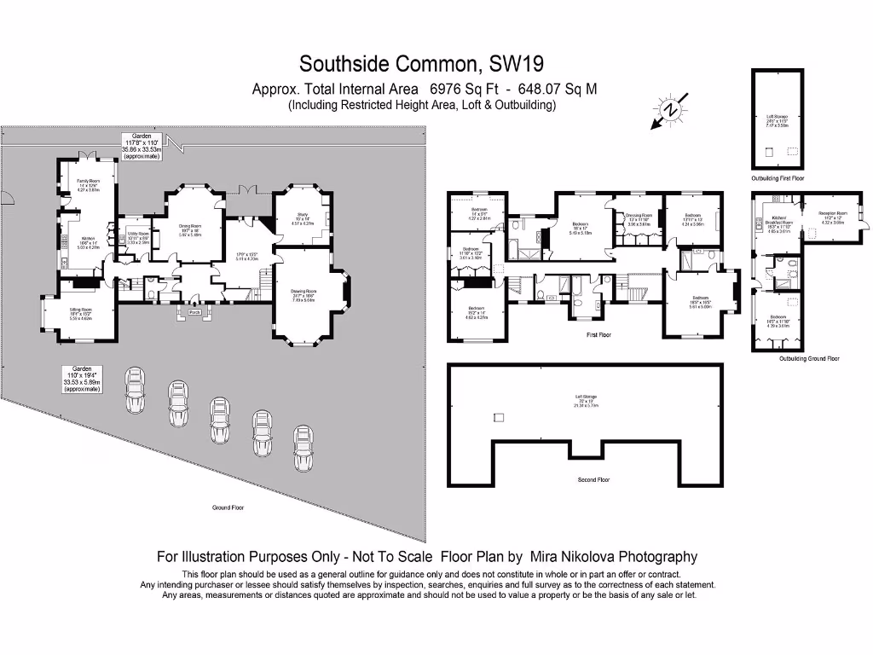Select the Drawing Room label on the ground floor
[x=304, y=294]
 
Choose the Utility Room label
[x=138, y=235]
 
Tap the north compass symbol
[x=671, y=110]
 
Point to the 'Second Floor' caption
[x=593, y=480]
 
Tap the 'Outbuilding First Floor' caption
[x=777, y=178]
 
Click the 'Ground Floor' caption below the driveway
[x=228, y=507]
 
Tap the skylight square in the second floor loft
[x=499, y=416]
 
